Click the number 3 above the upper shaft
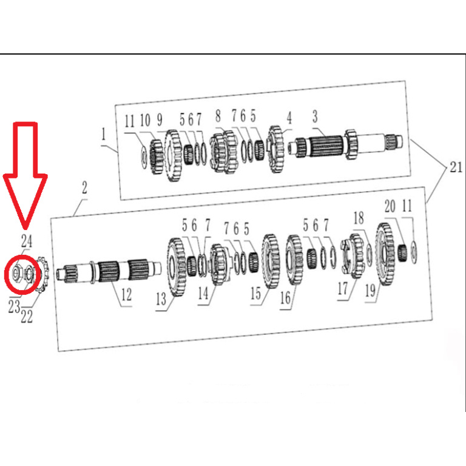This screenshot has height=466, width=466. click(x=315, y=116)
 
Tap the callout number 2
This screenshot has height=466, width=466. click(x=84, y=189)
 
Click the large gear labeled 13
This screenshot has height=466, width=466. click(x=175, y=267)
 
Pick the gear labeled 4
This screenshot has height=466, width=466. click(x=277, y=148)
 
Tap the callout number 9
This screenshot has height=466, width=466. click(x=160, y=120)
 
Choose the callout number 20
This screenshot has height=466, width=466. click(x=389, y=206)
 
